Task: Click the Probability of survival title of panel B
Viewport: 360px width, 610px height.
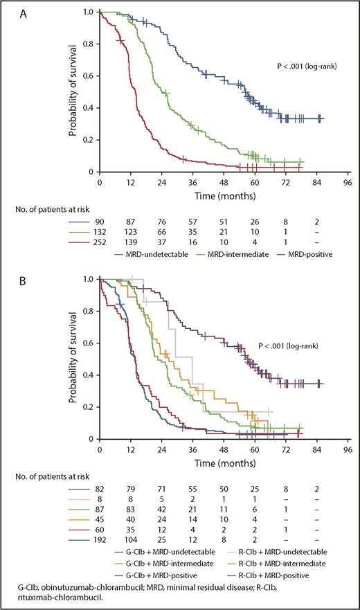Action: coord(72,359)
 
